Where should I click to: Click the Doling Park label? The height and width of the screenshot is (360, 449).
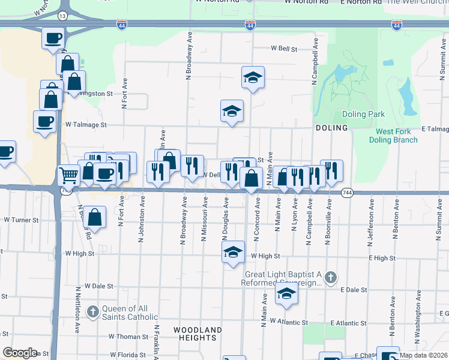(363, 114)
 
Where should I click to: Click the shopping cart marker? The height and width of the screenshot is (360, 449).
(68, 175)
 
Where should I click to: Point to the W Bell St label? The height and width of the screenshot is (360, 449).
(285, 48)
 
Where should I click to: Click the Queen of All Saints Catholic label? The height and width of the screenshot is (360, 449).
(130, 313)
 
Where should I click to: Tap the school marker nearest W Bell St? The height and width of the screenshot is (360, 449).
(253, 77)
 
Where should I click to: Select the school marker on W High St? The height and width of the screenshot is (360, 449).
(233, 252)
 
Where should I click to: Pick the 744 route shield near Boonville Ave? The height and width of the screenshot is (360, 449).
(347, 193)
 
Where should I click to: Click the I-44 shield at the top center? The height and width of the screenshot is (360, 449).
(250, 25)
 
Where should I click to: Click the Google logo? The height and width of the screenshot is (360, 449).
(20, 353)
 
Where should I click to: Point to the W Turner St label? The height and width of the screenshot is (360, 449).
(20, 220)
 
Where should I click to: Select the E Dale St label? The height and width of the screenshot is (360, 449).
(353, 289)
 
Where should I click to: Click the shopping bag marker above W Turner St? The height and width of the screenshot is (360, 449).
(95, 217)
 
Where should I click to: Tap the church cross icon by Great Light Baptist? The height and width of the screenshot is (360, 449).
(331, 277)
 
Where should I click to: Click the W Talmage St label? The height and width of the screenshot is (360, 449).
(86, 125)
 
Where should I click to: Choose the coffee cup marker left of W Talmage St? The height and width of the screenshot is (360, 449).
(44, 122)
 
